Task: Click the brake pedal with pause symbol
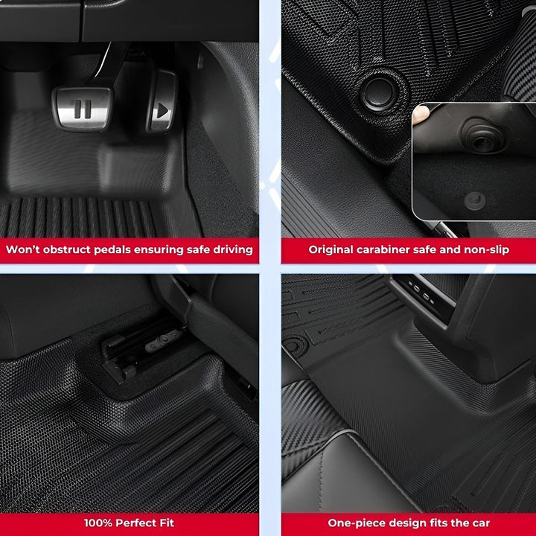83,108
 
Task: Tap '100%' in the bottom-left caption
98,523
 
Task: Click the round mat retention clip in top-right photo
380,91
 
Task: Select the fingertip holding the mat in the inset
421,114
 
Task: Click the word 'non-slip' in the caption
486,249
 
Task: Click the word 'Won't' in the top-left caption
22,249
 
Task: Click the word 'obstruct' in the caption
63,249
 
